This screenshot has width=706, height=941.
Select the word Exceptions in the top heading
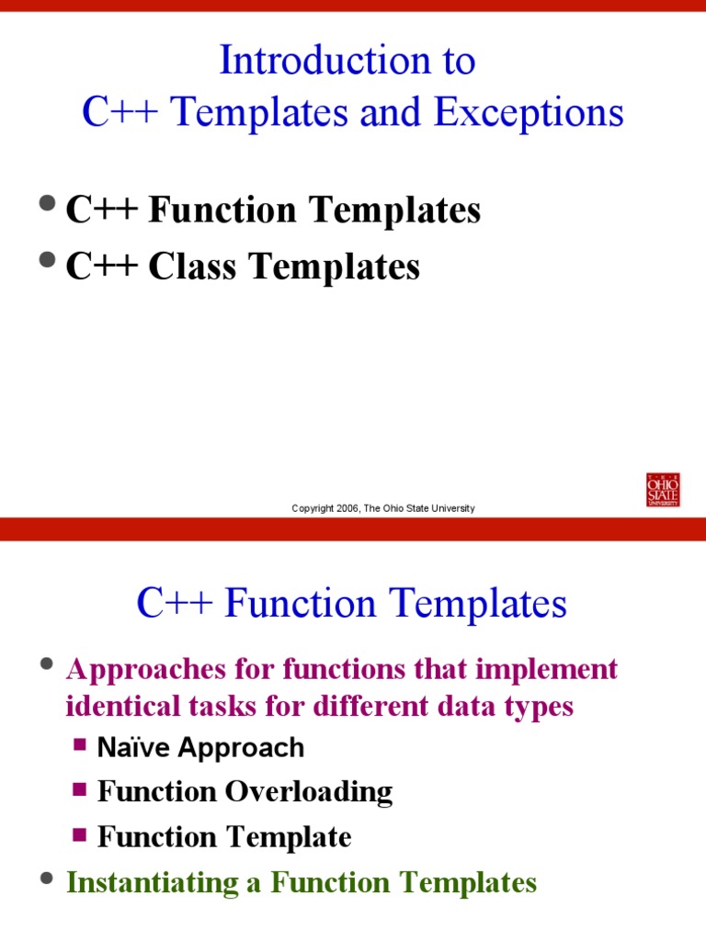(529, 113)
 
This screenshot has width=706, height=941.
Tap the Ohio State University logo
(663, 490)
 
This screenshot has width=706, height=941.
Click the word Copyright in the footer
(313, 508)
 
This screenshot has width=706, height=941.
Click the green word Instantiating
(144, 883)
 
